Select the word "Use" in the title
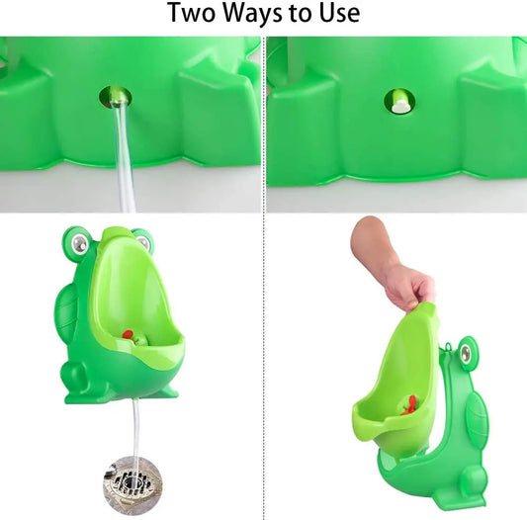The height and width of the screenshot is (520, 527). tap(336, 14)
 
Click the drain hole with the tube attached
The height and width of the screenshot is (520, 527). tap(115, 97)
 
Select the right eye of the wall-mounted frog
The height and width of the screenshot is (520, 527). tap(142, 238)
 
